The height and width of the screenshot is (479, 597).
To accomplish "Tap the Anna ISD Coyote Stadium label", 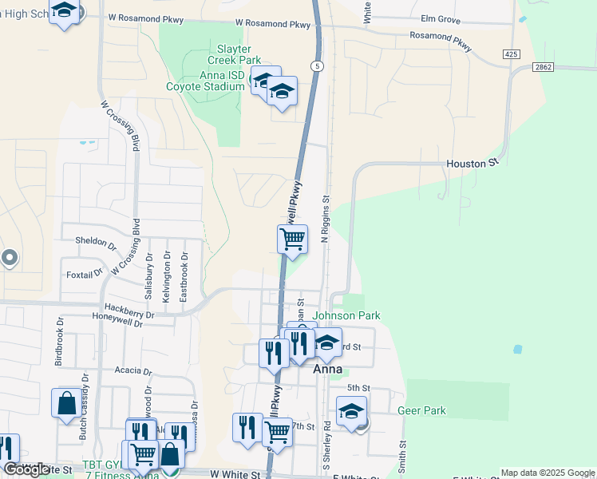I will [205, 81].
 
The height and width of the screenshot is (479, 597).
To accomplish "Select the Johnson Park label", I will [346, 316].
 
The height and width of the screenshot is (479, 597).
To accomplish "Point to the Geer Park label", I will [421, 410].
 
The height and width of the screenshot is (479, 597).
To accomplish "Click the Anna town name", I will [327, 370].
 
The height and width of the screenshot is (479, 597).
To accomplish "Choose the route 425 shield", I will [512, 53].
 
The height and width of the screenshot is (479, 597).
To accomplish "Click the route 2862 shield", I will [567, 67].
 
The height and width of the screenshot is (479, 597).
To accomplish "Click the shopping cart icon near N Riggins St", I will [293, 239].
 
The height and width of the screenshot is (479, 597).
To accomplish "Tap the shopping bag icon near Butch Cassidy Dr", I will [66, 402].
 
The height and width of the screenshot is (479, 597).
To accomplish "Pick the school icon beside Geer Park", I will [351, 410].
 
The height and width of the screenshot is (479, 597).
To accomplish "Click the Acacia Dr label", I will [132, 371].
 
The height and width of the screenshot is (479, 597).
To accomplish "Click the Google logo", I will [26, 469].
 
